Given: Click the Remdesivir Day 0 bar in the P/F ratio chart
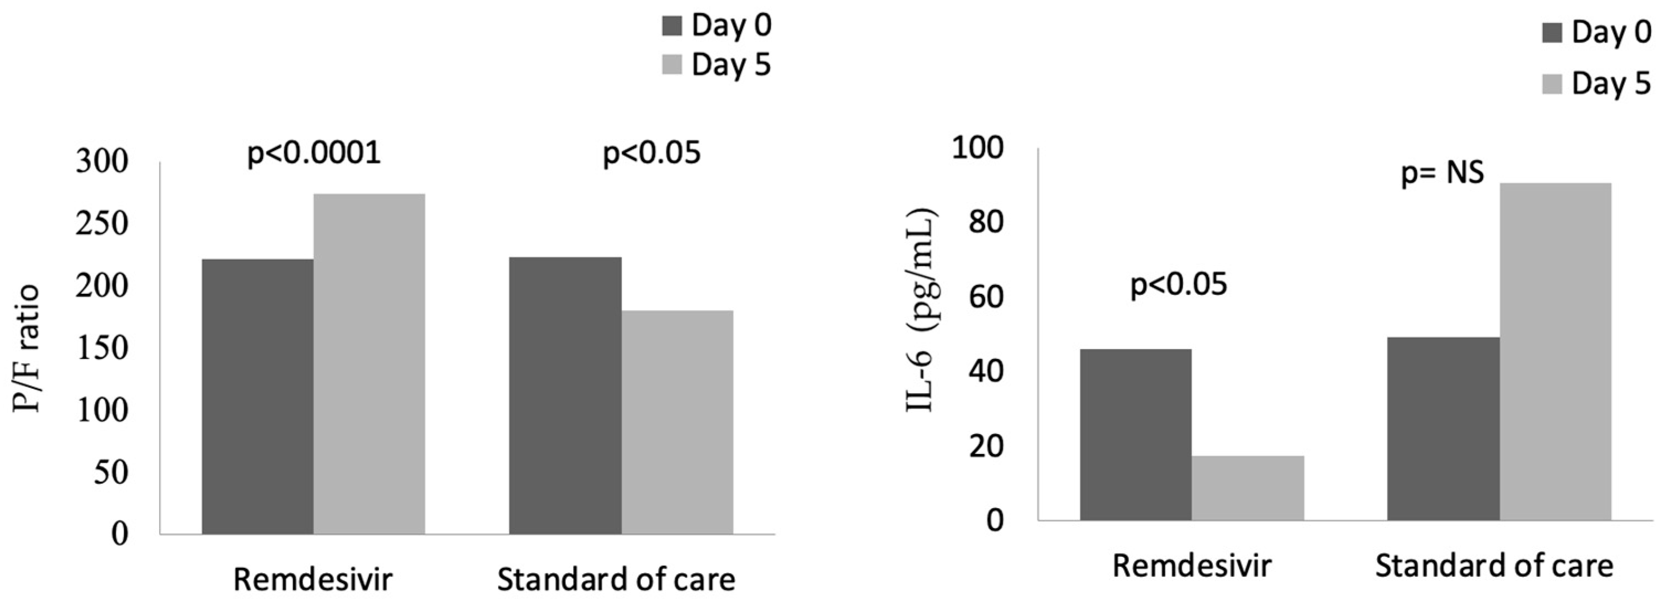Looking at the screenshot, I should pyautogui.click(x=257, y=396).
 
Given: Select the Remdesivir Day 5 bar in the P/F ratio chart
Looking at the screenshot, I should pyautogui.click(x=369, y=364).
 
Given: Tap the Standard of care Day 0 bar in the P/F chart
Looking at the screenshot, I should pyautogui.click(x=565, y=395).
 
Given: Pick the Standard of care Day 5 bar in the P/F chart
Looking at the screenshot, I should pyautogui.click(x=677, y=422).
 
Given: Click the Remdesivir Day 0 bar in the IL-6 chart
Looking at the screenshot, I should pyautogui.click(x=1135, y=434).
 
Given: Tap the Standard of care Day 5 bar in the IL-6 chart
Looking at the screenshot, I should pyautogui.click(x=1555, y=351).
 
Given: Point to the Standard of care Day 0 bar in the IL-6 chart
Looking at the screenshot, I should pyautogui.click(x=1443, y=428).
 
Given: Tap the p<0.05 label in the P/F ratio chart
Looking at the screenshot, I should pyautogui.click(x=651, y=153).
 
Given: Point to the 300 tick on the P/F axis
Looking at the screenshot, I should pyautogui.click(x=103, y=161).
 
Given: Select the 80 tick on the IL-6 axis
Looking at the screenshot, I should pyautogui.click(x=985, y=223).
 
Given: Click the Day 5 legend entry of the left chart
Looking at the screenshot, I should pyautogui.click(x=717, y=65).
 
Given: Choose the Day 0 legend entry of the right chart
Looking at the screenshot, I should pyautogui.click(x=1597, y=33).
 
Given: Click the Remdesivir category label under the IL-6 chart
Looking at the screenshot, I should pyautogui.click(x=1191, y=566).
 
